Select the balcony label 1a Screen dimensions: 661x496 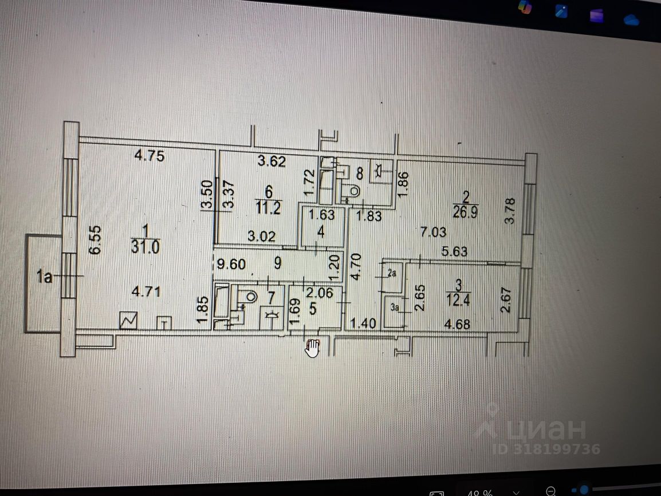44,278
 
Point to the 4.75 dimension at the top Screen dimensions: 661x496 149,155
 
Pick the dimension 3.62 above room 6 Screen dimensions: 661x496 271,162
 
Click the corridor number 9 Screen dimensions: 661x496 277,264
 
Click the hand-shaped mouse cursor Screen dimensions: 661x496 313,348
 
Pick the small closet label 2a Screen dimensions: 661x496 392,274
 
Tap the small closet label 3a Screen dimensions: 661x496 395,308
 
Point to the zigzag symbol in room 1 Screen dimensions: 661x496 128,321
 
